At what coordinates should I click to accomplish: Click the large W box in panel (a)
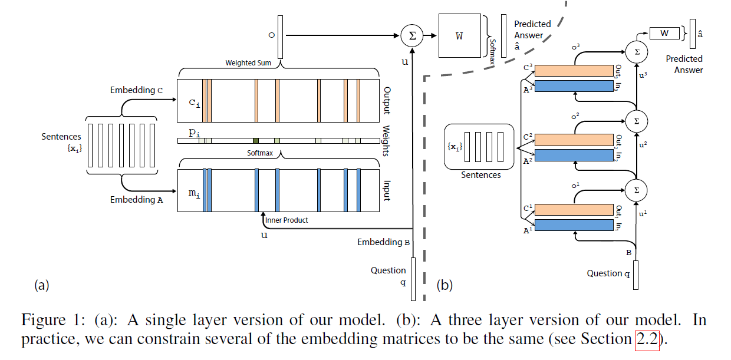[459, 35]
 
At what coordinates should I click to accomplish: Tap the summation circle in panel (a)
[412, 35]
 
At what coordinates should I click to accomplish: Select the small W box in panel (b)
[664, 33]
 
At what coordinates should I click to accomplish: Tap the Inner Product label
[287, 220]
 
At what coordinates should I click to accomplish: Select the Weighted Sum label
[248, 62]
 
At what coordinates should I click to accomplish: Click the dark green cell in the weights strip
[256, 141]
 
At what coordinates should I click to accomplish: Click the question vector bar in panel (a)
[413, 279]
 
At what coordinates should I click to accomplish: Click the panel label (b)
[444, 286]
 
